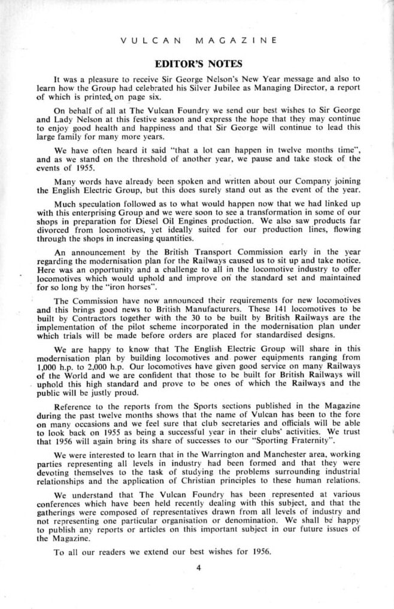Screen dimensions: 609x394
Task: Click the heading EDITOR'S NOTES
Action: [198, 64]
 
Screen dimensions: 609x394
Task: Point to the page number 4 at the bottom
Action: [198, 568]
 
